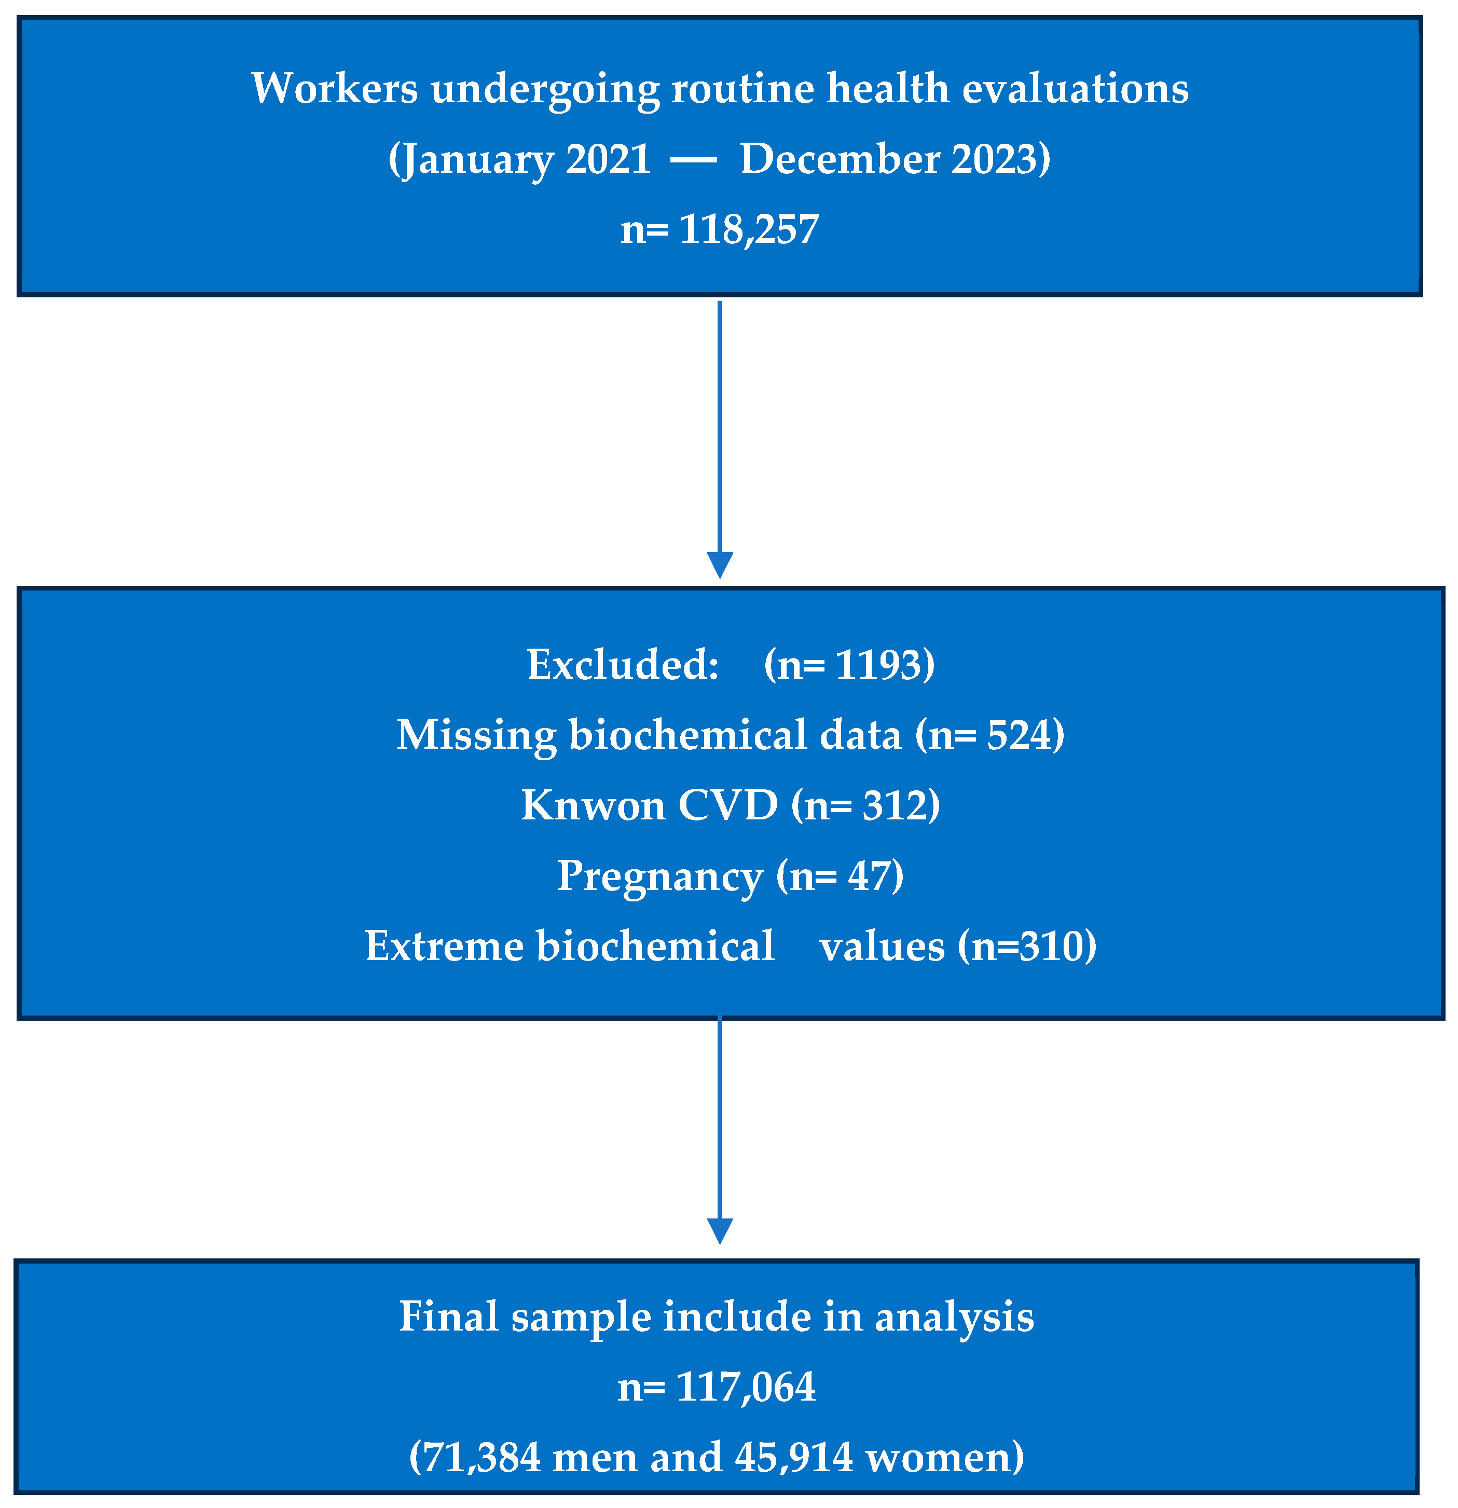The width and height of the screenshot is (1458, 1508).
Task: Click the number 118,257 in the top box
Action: (749, 229)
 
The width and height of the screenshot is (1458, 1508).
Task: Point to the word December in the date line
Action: (840, 159)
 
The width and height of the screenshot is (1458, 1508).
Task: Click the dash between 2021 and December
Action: (693, 160)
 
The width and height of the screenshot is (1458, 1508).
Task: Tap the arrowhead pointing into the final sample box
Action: (719, 1231)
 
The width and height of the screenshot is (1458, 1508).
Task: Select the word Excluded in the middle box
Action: (622, 664)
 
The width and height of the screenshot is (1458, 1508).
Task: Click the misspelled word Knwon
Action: (593, 805)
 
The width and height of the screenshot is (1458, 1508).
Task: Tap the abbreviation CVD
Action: (728, 805)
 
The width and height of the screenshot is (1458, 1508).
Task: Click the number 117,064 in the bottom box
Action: (745, 1387)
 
